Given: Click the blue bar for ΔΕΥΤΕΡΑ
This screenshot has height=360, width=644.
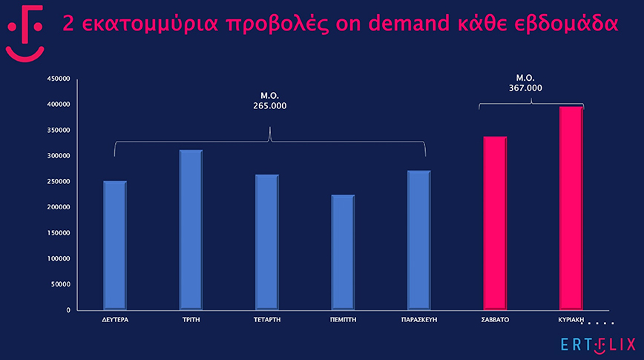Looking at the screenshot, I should click(115, 245).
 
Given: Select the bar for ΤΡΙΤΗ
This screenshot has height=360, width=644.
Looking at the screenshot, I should click(191, 229).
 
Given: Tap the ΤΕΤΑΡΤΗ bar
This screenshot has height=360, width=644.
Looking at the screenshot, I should click(266, 242).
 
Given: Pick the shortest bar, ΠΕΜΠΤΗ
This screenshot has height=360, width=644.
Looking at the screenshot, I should click(343, 252).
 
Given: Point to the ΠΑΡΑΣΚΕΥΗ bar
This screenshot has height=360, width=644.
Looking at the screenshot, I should click(418, 240).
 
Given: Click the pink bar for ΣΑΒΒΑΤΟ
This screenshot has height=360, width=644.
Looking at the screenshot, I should click(495, 223).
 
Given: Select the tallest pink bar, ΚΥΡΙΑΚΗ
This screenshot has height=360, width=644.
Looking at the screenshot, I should click(571, 208).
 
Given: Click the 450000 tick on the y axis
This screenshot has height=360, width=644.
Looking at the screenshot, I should click(58, 79).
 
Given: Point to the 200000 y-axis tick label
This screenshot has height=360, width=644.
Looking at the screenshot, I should click(58, 207).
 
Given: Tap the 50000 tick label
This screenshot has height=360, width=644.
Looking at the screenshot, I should click(60, 284).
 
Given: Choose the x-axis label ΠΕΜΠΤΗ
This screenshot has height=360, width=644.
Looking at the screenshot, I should click(343, 321).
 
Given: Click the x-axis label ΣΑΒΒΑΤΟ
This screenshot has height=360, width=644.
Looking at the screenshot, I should click(495, 321).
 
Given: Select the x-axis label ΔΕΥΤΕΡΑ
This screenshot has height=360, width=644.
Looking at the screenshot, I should click(115, 321).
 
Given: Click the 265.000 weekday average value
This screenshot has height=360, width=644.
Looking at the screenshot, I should click(269, 106).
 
